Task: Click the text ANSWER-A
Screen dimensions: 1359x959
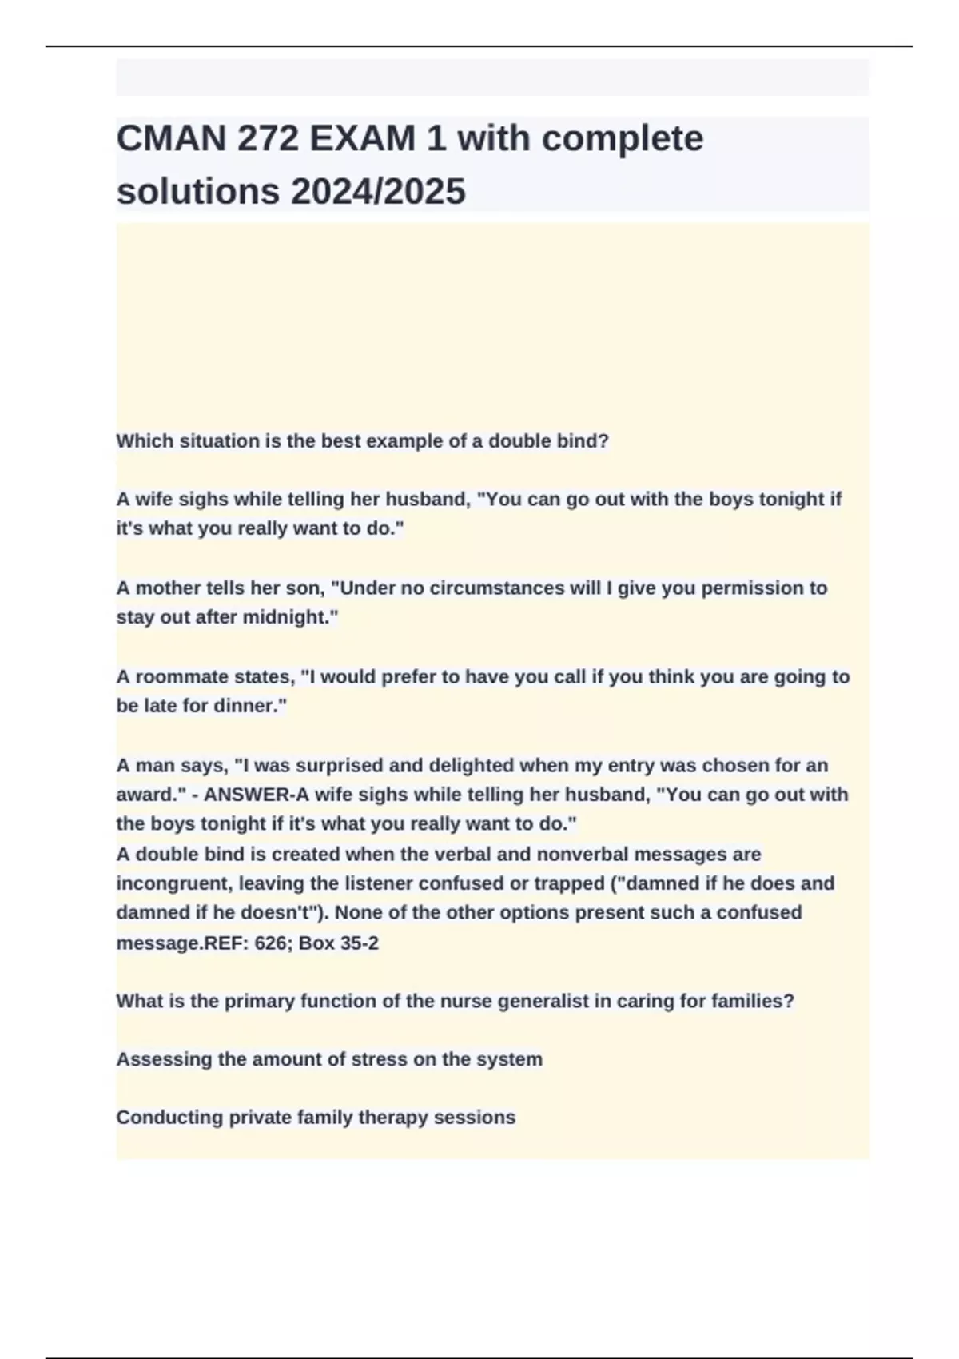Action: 249,795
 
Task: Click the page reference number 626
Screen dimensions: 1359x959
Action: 271,943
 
